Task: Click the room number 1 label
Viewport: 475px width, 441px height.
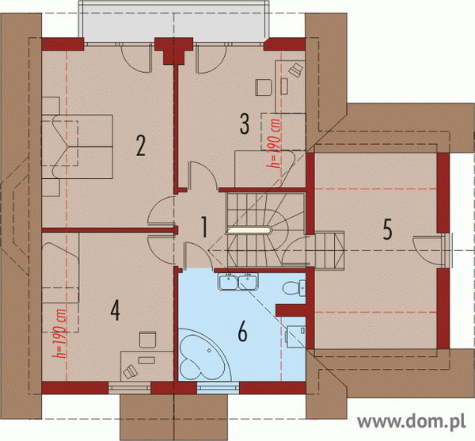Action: [205, 227]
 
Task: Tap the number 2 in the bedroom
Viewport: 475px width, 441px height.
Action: [141, 146]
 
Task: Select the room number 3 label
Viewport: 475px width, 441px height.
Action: [245, 124]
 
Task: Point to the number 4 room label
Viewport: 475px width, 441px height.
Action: [116, 311]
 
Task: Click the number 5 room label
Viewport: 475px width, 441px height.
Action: [387, 230]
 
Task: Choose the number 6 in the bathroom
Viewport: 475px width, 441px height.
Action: [243, 332]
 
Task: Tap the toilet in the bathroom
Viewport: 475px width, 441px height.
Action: [294, 287]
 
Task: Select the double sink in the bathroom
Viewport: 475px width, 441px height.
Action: [237, 281]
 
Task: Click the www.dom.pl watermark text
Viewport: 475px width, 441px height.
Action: [411, 421]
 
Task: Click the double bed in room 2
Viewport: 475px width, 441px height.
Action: [78, 146]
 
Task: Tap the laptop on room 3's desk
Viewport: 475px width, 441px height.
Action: [296, 70]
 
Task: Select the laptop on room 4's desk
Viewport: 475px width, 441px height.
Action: [130, 371]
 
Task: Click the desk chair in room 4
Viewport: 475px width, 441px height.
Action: [147, 340]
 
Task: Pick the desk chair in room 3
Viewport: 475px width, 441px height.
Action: [264, 87]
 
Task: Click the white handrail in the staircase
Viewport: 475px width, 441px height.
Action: [249, 231]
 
